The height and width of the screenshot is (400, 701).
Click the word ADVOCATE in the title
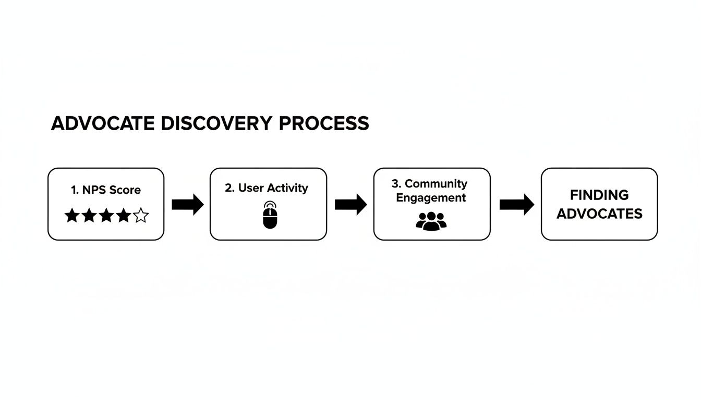click(x=102, y=123)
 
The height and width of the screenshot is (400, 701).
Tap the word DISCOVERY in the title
click(x=216, y=123)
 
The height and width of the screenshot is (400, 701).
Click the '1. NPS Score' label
click(x=106, y=190)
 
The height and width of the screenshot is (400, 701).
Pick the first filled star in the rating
click(x=72, y=216)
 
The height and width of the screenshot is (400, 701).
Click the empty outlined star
click(x=141, y=216)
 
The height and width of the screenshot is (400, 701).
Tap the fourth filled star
click(x=124, y=216)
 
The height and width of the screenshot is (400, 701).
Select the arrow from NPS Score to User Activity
click(x=187, y=204)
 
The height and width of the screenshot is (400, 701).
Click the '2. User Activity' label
click(x=267, y=188)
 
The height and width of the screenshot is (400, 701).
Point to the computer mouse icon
click(x=270, y=215)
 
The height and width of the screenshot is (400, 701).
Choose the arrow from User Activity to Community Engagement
click(x=350, y=204)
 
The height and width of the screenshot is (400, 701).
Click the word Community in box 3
click(x=436, y=184)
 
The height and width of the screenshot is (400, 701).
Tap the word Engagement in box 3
click(x=431, y=198)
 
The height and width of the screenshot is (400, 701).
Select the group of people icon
click(x=431, y=221)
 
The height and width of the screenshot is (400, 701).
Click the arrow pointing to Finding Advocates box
click(x=516, y=204)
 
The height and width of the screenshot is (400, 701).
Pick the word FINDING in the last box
click(x=599, y=195)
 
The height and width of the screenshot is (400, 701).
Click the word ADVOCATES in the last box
click(x=599, y=214)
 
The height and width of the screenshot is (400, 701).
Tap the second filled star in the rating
click(x=89, y=216)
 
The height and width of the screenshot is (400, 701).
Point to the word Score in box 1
click(x=125, y=190)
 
